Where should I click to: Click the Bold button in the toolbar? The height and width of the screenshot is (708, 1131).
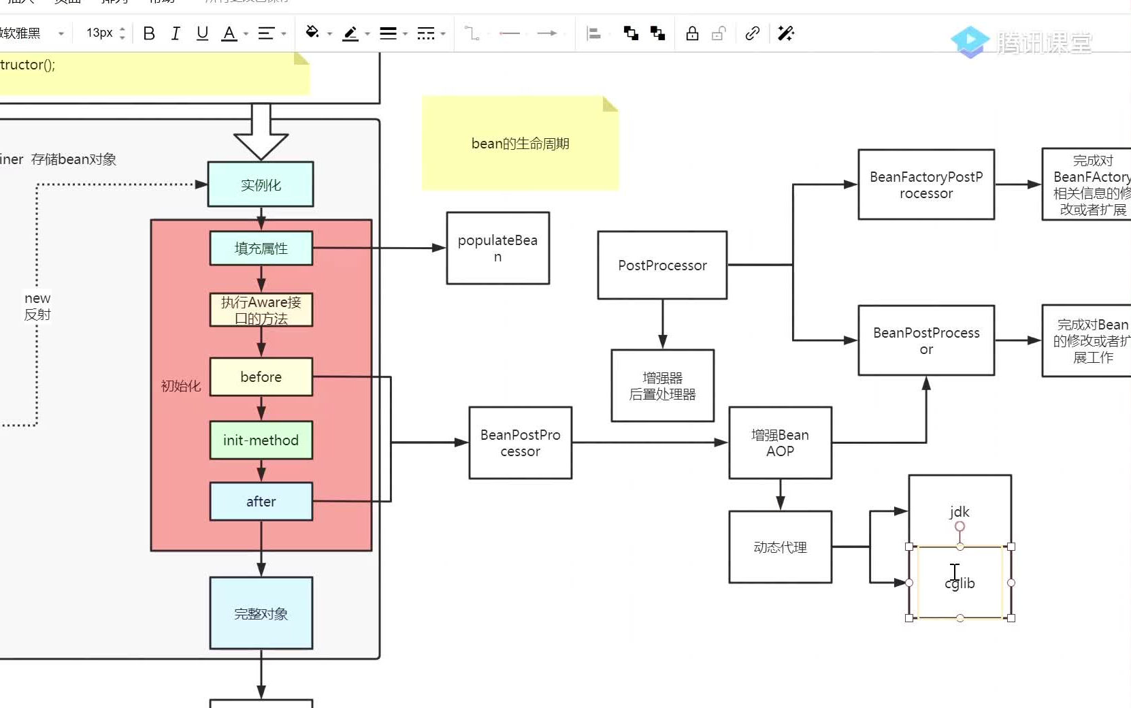[149, 33]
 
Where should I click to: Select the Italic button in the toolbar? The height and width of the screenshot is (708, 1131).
[176, 33]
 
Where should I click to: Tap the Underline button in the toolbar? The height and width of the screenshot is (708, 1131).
[202, 33]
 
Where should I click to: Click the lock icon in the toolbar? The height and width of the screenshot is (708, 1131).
[692, 33]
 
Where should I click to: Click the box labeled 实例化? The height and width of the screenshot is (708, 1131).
[261, 184]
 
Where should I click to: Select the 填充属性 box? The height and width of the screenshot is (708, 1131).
[261, 248]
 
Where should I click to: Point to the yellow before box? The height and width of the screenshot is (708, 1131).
[261, 376]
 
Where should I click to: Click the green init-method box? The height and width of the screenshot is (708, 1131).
[261, 440]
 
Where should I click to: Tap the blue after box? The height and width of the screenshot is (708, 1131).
[261, 501]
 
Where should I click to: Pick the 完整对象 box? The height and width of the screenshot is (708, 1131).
[261, 613]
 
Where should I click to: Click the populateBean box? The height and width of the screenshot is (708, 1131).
[497, 248]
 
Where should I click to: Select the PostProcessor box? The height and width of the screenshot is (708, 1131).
[662, 265]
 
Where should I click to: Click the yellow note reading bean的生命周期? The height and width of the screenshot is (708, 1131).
[520, 144]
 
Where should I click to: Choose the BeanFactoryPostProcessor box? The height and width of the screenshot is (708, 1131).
[925, 184]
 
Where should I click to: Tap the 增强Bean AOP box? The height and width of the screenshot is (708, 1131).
[780, 442]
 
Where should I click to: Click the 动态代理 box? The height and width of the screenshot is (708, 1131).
[780, 547]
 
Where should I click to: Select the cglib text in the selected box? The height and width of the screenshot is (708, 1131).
[960, 583]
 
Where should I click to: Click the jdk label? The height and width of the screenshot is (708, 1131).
[960, 511]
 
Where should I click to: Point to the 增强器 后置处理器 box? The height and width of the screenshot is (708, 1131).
[662, 386]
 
